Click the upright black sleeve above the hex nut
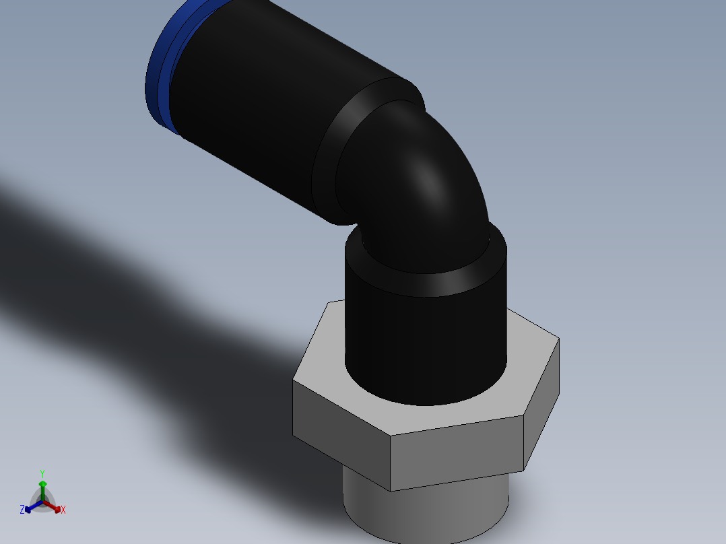pyautogui.click(x=424, y=337)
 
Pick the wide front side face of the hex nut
pyautogui.click(x=458, y=451)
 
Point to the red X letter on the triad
pyautogui.click(x=63, y=510)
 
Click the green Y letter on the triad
pyautogui.click(x=42, y=473)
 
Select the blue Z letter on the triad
pyautogui.click(x=22, y=510)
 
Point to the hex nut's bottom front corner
pyautogui.click(x=391, y=490)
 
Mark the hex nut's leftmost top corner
pyautogui.click(x=293, y=382)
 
